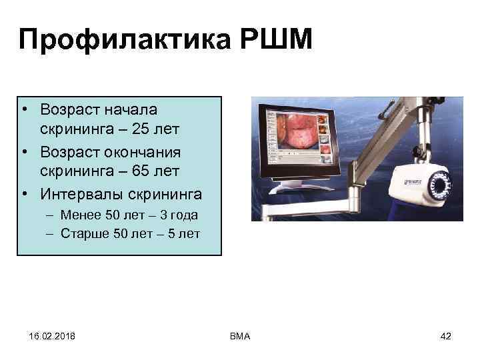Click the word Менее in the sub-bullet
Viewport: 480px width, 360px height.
click(79, 215)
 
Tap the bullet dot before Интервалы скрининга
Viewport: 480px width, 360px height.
click(23, 194)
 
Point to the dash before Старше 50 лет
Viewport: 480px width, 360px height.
click(51, 234)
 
